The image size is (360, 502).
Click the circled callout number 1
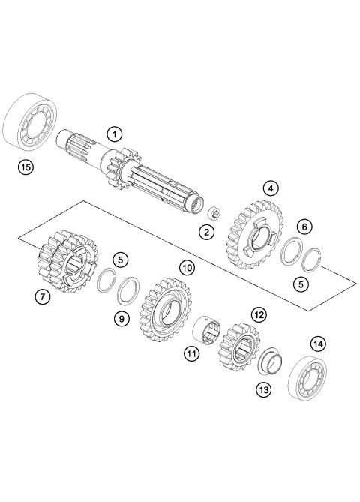tap(114, 135)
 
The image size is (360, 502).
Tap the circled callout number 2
tap(205, 232)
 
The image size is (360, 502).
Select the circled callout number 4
tap(270, 189)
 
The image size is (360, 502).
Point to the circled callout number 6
tap(304, 227)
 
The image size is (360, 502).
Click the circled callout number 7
tap(43, 298)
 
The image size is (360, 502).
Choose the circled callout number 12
tap(259, 316)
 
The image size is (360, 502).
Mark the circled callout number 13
tap(262, 389)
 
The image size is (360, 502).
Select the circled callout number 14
tap(319, 344)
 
